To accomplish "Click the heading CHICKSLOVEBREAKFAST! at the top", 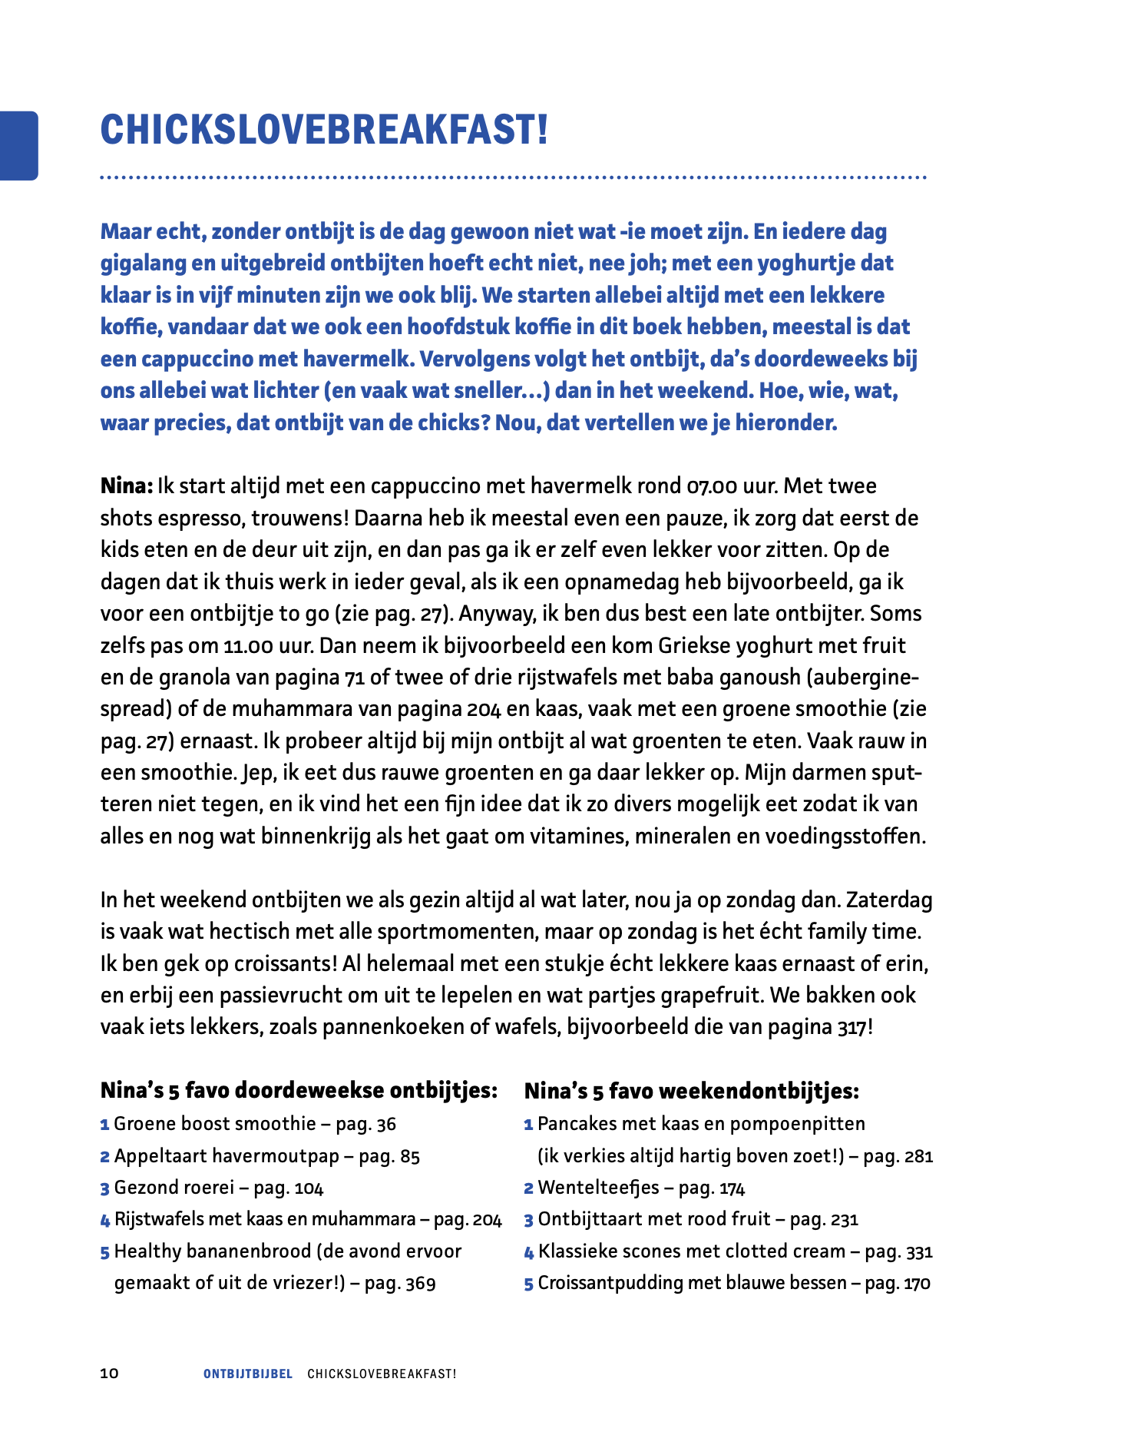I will pos(324,129).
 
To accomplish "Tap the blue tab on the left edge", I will pos(18,145).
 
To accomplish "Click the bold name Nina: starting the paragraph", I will pos(127,486).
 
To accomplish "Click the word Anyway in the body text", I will pos(491,614).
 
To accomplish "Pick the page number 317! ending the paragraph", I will pos(855,1027).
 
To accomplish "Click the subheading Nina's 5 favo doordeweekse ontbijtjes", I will pos(299,1091).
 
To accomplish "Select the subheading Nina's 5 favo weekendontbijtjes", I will pos(691,1091).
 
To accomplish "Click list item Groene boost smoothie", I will pos(215,1125).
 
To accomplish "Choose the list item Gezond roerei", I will pos(174,1188).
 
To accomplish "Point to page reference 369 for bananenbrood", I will pos(421,1283).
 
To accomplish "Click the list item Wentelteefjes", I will pos(598,1188).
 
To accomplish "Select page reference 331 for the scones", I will pos(919,1251).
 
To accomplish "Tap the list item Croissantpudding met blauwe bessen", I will pos(691,1283).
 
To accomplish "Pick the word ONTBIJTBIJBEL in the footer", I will pos(248,1374).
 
